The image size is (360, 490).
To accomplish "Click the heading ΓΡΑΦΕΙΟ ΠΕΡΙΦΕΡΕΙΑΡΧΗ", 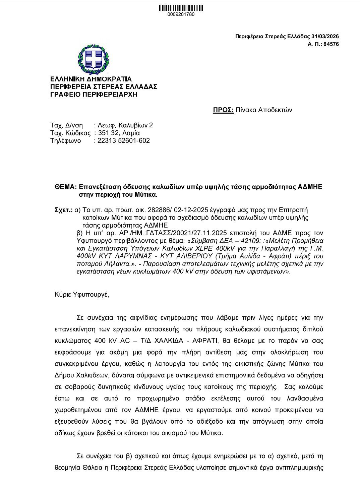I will click(x=94, y=95).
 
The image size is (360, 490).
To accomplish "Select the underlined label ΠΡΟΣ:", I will click(x=223, y=110).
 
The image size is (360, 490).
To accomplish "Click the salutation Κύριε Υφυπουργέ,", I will click(x=82, y=295).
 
